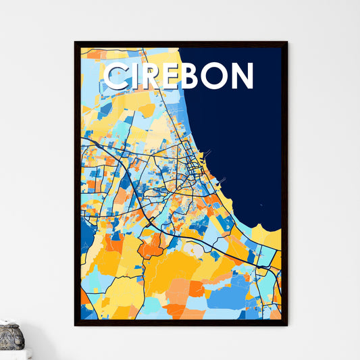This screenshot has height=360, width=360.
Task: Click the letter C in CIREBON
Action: click(x=115, y=76)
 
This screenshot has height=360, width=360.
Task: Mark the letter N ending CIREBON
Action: click(x=242, y=76)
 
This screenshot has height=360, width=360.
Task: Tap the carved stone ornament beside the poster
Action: click(x=11, y=336)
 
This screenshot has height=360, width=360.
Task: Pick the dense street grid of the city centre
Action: click(x=192, y=165)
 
